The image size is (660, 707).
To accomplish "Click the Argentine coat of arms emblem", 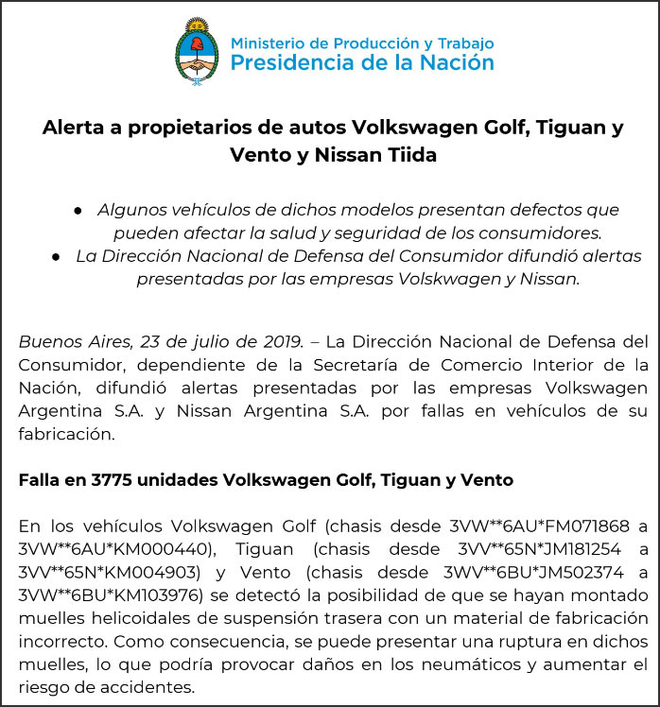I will click(196, 52).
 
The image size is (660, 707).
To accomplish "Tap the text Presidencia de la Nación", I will click(362, 63).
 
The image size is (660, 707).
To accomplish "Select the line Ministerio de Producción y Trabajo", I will click(362, 43).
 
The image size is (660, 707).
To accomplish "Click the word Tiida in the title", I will click(408, 155).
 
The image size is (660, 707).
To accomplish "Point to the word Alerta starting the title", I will click(77, 128).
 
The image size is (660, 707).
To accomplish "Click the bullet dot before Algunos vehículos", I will click(79, 209).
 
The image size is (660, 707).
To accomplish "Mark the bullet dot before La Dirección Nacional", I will click(58, 256).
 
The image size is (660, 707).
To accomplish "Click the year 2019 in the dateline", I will click(281, 340).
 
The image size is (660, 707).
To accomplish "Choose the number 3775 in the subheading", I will click(113, 480).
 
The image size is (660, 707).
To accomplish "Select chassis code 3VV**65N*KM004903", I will click(109, 572).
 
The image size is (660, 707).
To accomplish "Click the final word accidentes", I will click(141, 687).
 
